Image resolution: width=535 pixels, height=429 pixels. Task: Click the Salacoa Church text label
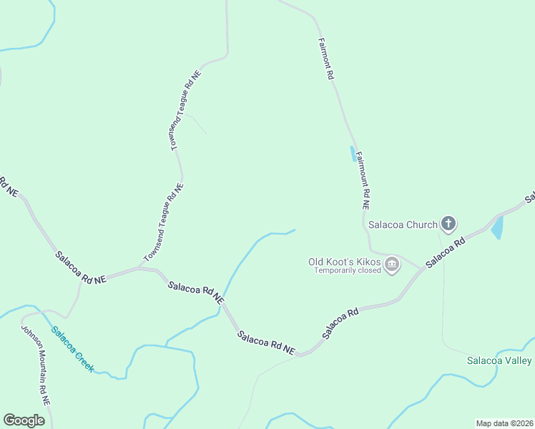click(x=402, y=225)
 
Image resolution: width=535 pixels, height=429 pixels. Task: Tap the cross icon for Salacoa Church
click(x=448, y=225)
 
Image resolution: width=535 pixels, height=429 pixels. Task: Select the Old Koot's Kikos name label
click(x=343, y=262)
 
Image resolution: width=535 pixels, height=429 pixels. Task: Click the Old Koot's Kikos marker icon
click(x=392, y=266)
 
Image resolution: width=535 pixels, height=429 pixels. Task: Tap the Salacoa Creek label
click(x=72, y=348)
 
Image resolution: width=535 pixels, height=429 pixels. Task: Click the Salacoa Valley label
click(x=499, y=360)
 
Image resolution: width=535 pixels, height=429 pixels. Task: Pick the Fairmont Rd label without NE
click(x=326, y=59)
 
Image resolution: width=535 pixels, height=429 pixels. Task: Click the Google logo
click(x=24, y=420)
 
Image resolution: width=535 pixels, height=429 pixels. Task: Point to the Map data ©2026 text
click(x=504, y=423)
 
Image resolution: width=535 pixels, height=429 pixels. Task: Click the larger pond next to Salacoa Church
click(x=497, y=228)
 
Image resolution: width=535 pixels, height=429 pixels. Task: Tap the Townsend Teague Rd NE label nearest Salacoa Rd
click(x=164, y=222)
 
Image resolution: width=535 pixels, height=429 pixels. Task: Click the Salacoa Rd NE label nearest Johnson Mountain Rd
click(x=81, y=267)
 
